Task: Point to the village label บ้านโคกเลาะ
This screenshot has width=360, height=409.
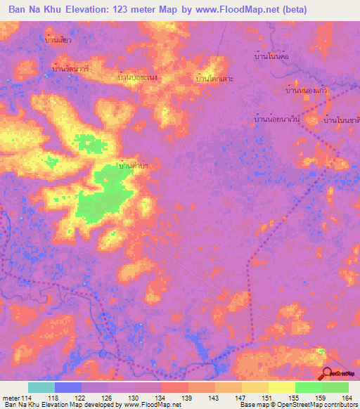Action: pyautogui.click(x=214, y=78)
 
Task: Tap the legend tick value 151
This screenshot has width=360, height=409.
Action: pyautogui.click(x=268, y=398)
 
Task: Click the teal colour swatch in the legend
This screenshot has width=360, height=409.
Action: pyautogui.click(x=41, y=387)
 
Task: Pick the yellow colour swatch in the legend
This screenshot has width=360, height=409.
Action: pyautogui.click(x=281, y=387)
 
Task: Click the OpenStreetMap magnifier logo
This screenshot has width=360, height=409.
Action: pyautogui.click(x=328, y=373)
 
